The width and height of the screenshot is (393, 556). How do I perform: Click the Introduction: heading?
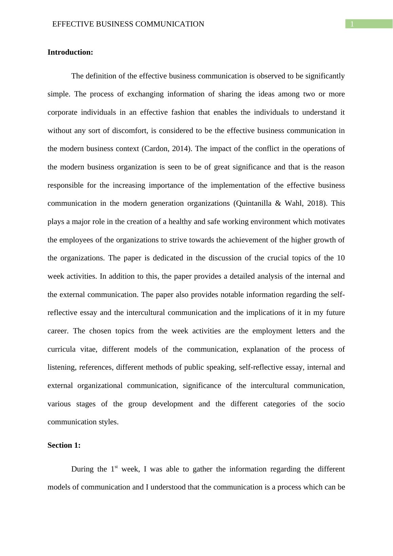tap(70, 52)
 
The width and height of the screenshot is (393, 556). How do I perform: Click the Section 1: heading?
tap(64, 445)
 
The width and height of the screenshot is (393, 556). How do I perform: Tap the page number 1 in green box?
tap(352, 24)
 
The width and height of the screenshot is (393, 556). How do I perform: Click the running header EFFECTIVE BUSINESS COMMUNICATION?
tap(128, 24)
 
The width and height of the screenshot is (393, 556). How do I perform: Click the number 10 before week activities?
tap(341, 258)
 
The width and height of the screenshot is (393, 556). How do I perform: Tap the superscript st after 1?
tap(116, 467)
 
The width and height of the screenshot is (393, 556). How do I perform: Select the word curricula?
tap(61, 349)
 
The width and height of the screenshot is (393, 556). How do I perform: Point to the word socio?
tap(336, 404)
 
